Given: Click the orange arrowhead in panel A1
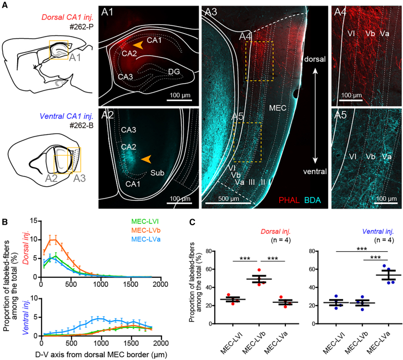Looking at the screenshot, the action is click(x=138, y=45).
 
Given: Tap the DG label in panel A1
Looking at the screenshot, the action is click(x=174, y=72).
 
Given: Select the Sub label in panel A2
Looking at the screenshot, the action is click(x=157, y=173).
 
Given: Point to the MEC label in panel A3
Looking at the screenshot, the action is click(x=278, y=108).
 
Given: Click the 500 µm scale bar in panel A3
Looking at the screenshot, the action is click(x=228, y=203).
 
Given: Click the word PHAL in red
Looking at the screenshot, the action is click(x=289, y=200).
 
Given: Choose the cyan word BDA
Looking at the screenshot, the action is click(x=313, y=200).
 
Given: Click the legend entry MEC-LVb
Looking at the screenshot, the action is click(x=146, y=230).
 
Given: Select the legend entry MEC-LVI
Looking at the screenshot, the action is click(x=145, y=221).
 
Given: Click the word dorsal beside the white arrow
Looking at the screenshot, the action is click(x=315, y=59).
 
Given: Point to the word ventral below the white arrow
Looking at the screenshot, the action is click(x=315, y=171).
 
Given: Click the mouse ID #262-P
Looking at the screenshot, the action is click(x=82, y=27).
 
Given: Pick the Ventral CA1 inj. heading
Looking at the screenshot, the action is click(x=67, y=116).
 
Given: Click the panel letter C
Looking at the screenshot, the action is click(x=192, y=222).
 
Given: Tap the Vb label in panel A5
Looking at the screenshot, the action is click(x=370, y=156).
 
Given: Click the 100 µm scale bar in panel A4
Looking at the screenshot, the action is click(x=351, y=100).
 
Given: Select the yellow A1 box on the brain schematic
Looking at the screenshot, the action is click(x=59, y=50).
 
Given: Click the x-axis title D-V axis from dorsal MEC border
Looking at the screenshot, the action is click(x=101, y=354).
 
